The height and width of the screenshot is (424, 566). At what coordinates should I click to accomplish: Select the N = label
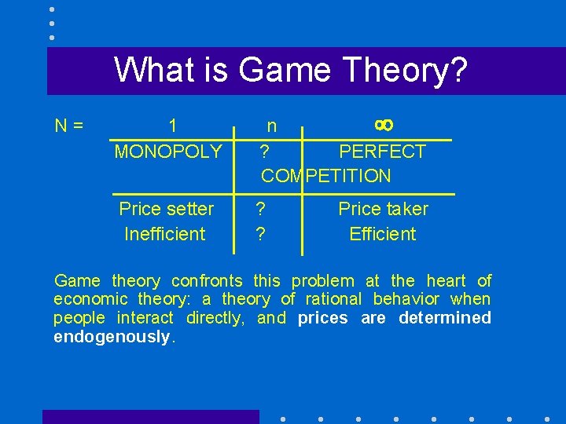[69, 126]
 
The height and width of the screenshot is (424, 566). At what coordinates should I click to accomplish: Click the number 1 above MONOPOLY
[172, 126]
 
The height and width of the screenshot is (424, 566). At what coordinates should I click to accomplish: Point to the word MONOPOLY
[168, 152]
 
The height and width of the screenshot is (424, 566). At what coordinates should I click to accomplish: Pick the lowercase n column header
[271, 126]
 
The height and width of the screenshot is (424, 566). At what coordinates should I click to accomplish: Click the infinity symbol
[384, 125]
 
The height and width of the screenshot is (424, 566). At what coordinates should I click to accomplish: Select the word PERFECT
[382, 152]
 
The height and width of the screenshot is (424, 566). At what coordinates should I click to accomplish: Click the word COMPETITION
[325, 176]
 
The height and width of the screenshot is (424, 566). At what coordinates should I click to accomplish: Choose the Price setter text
[166, 209]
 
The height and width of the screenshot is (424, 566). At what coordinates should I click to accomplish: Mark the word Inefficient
[164, 234]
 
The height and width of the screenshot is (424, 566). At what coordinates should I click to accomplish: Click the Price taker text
[383, 209]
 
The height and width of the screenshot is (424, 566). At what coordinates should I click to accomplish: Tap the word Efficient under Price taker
[383, 234]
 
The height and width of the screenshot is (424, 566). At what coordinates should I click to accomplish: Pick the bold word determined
[444, 318]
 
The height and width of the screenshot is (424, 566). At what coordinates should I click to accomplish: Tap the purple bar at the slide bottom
[150, 417]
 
